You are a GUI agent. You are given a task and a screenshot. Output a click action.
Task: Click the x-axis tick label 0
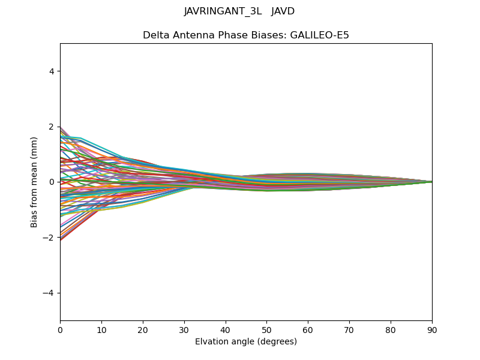point(60,329)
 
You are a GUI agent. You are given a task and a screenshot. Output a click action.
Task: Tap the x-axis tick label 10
point(101,329)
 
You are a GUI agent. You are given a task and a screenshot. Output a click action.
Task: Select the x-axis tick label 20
point(143,329)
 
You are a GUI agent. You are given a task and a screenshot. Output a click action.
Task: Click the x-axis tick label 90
point(432,329)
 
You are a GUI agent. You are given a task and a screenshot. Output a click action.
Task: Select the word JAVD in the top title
point(283,11)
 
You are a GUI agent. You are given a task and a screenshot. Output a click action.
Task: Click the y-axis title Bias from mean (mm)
point(34,182)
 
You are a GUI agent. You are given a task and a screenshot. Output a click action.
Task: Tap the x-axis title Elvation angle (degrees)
point(246,341)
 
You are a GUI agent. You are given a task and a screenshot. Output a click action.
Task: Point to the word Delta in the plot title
point(155,35)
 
